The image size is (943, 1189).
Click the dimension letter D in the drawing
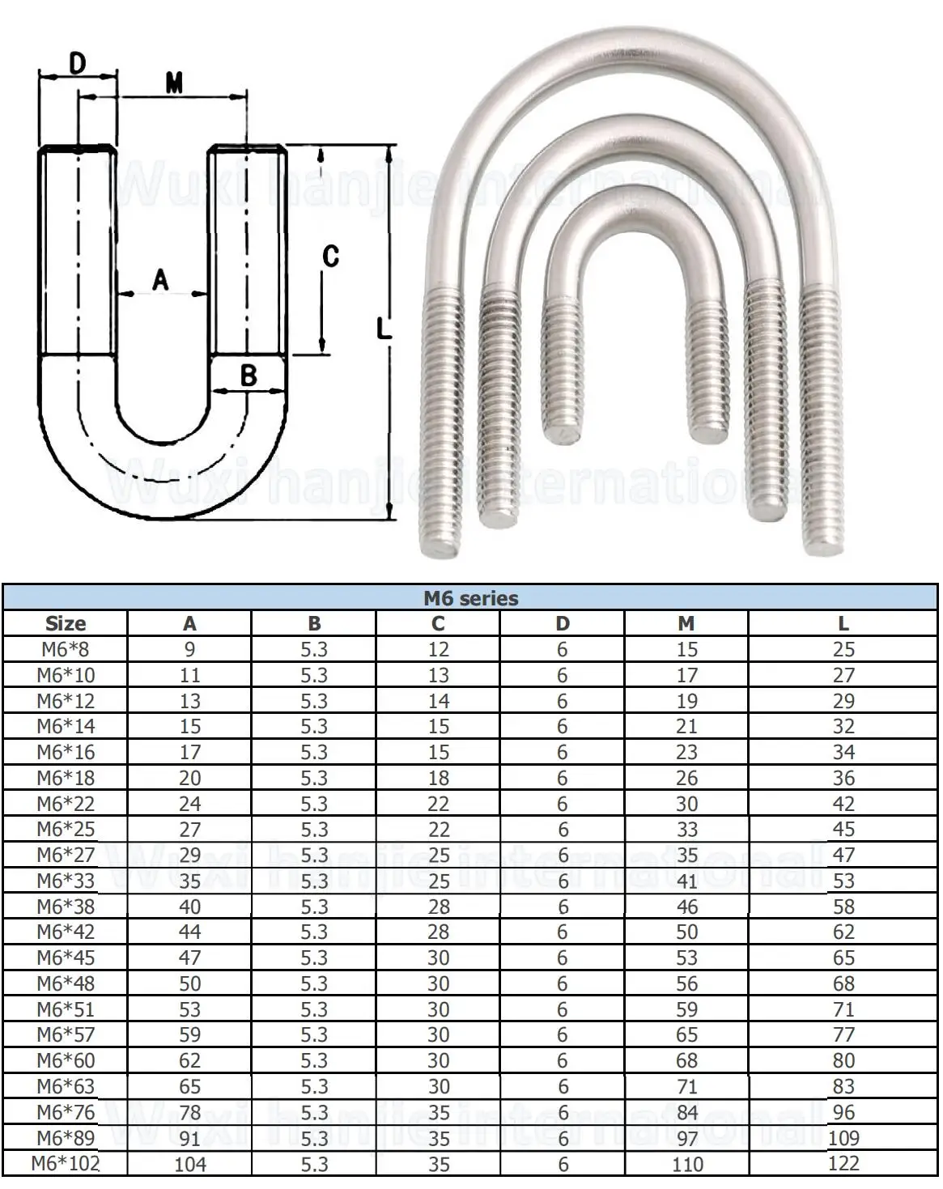(78, 63)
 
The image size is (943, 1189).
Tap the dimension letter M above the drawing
(174, 84)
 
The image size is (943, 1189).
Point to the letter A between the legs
(160, 279)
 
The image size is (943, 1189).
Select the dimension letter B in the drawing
(248, 376)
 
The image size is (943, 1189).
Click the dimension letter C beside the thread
(330, 257)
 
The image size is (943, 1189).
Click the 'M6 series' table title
(471, 598)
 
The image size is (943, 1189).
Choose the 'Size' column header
(66, 623)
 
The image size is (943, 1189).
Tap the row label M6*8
(66, 649)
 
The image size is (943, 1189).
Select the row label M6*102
(66, 1164)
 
